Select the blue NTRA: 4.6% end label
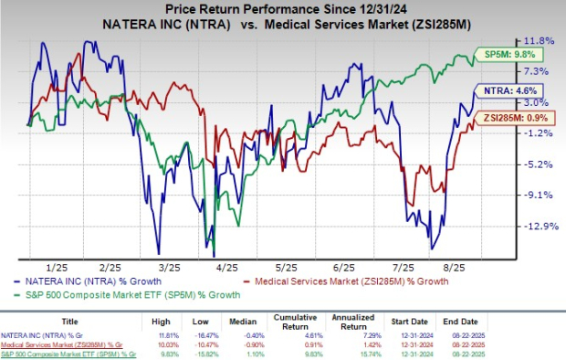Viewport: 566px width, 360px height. click(498, 91)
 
